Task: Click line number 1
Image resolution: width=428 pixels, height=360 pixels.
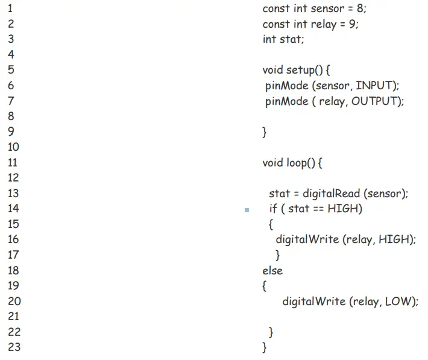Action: pos(10,9)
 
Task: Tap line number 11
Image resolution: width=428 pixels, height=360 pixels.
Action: pos(13,162)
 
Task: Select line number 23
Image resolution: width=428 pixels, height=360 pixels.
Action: pos(14,347)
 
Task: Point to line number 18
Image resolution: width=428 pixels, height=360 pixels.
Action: pos(13,270)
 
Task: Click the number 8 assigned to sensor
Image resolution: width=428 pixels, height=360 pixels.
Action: pos(360,9)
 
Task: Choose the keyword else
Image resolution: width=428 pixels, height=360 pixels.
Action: pos(272,270)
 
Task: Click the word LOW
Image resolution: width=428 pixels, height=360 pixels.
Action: pos(400,301)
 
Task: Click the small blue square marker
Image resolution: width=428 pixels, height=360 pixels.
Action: pos(247,210)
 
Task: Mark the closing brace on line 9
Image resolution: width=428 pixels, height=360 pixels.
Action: pos(264,132)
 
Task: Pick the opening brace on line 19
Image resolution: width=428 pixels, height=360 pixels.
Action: pos(264,286)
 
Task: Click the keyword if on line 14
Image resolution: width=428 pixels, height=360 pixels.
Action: pos(273,209)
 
